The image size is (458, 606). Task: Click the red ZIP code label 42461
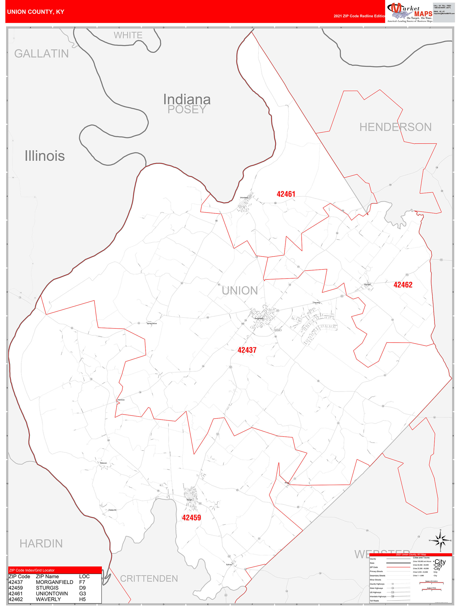coord(286,194)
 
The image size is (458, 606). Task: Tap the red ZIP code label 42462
coord(403,285)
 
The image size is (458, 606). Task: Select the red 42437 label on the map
coord(247,350)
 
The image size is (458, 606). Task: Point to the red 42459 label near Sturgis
coord(191,517)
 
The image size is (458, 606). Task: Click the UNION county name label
coord(240,291)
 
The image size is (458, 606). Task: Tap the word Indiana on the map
coord(187,100)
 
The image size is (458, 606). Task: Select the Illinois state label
coord(45,156)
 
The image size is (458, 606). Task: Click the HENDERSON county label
coord(395,127)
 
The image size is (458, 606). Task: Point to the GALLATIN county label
coord(41,54)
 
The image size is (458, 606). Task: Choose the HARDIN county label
coord(41,544)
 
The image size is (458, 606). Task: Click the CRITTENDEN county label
coord(149,578)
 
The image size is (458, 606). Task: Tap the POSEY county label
coord(187,110)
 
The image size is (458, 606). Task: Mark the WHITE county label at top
coord(128,35)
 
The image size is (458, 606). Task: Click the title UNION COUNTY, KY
coord(36,12)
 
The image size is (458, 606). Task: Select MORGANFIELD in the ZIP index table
coord(54,582)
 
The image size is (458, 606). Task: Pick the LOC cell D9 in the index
coord(82,588)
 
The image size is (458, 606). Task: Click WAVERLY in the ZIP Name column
coord(48,599)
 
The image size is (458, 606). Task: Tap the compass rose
coord(440,541)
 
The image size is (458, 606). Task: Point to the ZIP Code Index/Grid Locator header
coord(32,570)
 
